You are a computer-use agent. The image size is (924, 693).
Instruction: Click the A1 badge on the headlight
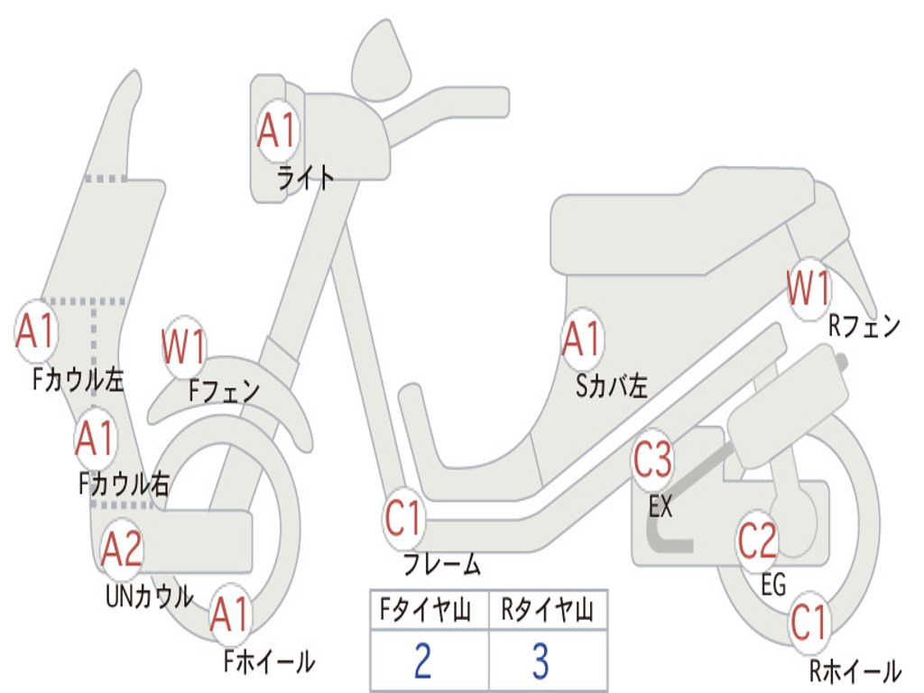coord(276,130)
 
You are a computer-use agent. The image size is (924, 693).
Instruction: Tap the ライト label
coord(306,178)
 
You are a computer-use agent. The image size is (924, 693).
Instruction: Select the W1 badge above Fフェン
coord(184,347)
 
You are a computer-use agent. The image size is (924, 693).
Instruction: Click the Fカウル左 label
coord(79,380)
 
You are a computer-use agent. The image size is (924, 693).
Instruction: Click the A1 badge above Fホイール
coord(231,614)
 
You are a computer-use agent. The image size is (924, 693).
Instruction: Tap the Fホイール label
coord(269,661)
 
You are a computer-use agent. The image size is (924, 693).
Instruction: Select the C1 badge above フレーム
coord(403,518)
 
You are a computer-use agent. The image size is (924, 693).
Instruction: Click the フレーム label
coord(442,564)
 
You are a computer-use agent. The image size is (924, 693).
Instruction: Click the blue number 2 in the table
coord(422,661)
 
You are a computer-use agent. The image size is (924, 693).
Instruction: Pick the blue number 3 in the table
coord(541,661)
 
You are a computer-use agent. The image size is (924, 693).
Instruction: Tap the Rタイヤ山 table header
coord(548,609)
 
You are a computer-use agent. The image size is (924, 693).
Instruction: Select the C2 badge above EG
coord(758,541)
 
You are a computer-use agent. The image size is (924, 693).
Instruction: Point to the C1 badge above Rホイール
coord(809,623)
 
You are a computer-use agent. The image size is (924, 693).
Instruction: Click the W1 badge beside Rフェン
coord(808,288)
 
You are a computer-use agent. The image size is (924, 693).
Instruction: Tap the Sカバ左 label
coord(612,386)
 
